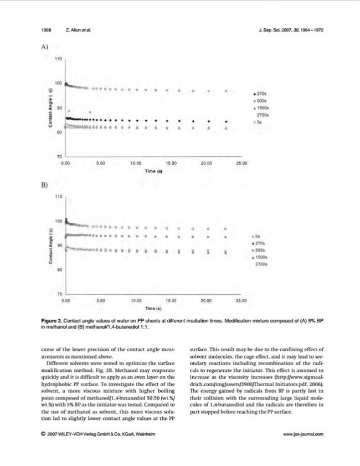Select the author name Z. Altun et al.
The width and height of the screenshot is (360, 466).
(x=78, y=30)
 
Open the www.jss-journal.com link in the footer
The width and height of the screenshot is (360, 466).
(x=303, y=434)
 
